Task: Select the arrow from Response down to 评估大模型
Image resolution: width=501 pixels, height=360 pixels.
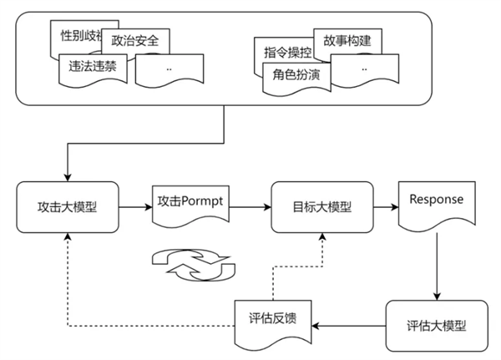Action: pos(438,267)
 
